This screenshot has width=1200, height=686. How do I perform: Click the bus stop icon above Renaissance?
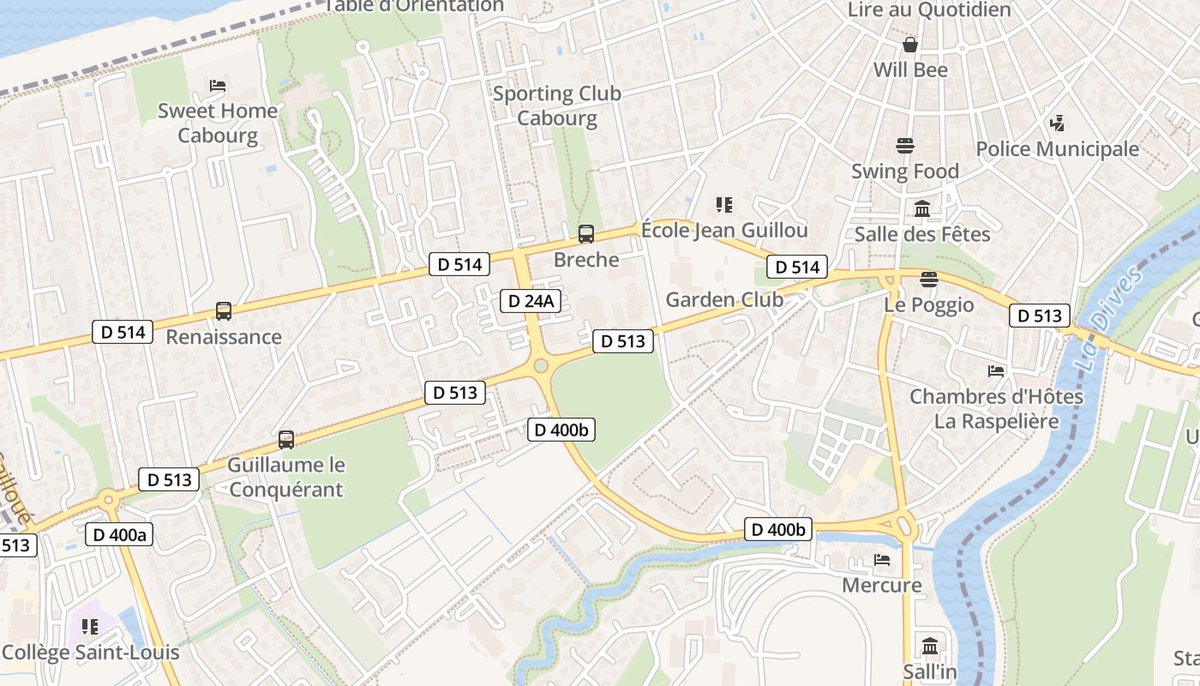pyautogui.click(x=224, y=311)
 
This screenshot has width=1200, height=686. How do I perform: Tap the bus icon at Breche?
pyautogui.click(x=586, y=233)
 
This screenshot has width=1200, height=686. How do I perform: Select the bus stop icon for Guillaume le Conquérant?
pyautogui.click(x=286, y=440)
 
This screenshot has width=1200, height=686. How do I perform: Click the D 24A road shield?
pyautogui.click(x=531, y=301)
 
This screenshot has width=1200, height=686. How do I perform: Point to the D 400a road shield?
pyautogui.click(x=120, y=535)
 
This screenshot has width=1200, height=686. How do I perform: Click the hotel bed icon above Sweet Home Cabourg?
pyautogui.click(x=218, y=86)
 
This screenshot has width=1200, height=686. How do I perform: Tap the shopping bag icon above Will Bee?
pyautogui.click(x=910, y=44)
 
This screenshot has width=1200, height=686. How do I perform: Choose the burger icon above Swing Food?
pyautogui.click(x=905, y=146)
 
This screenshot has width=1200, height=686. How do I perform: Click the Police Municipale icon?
pyautogui.click(x=1057, y=123)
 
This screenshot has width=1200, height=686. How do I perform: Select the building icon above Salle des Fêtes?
pyautogui.click(x=922, y=208)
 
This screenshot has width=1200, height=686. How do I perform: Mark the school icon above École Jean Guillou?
pyautogui.click(x=724, y=204)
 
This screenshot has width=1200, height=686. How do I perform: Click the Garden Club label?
pyautogui.click(x=724, y=299)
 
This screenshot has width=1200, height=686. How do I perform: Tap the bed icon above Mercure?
pyautogui.click(x=882, y=560)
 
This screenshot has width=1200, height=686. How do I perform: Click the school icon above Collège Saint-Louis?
pyautogui.click(x=90, y=627)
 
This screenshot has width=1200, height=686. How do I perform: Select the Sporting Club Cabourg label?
pyautogui.click(x=557, y=105)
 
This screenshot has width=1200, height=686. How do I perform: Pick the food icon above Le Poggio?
pyautogui.click(x=928, y=279)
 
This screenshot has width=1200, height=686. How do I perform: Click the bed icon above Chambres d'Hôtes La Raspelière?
pyautogui.click(x=996, y=371)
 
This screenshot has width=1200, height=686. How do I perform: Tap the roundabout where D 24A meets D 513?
pyautogui.click(x=541, y=366)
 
